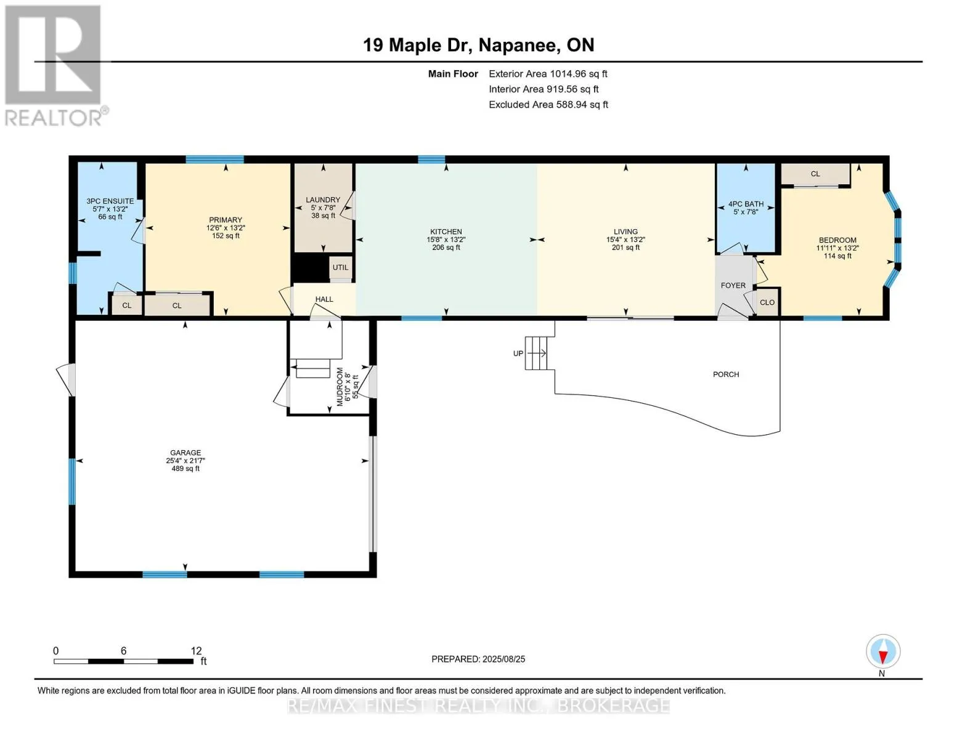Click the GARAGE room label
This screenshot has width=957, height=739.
(x=185, y=453)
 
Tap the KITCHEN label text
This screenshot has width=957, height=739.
(x=446, y=232)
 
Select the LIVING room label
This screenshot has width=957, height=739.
(x=625, y=232)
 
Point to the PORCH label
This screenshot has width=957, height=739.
(x=726, y=374)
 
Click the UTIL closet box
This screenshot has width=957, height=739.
(x=340, y=268)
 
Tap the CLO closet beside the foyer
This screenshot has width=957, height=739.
(x=767, y=302)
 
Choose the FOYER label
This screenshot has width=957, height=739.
(x=733, y=285)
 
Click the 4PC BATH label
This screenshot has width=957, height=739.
(x=746, y=204)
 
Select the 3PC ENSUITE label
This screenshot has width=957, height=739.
(x=110, y=201)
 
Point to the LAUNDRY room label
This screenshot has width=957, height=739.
(x=323, y=200)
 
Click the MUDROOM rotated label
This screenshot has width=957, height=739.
(x=340, y=387)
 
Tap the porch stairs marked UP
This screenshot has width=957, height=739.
(x=536, y=353)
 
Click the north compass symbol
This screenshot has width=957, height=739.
(x=883, y=652)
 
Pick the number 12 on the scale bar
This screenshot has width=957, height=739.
(x=196, y=650)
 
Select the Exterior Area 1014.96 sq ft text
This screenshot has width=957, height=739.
(x=548, y=74)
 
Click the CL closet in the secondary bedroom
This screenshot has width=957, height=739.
(x=815, y=174)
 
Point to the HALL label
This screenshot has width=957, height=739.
(x=324, y=299)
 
